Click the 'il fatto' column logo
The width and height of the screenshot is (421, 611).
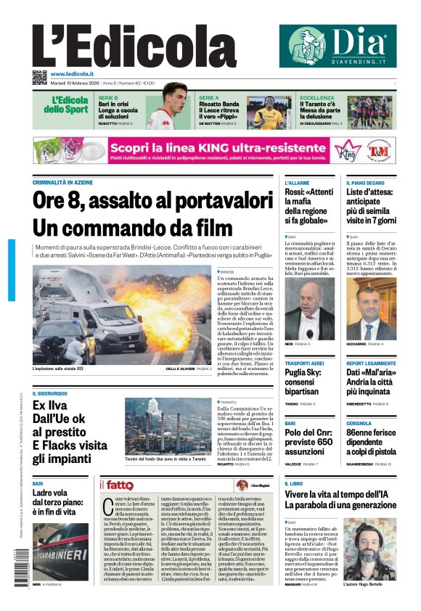[117, 485]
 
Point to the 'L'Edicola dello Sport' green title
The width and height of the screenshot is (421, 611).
[70, 104]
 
